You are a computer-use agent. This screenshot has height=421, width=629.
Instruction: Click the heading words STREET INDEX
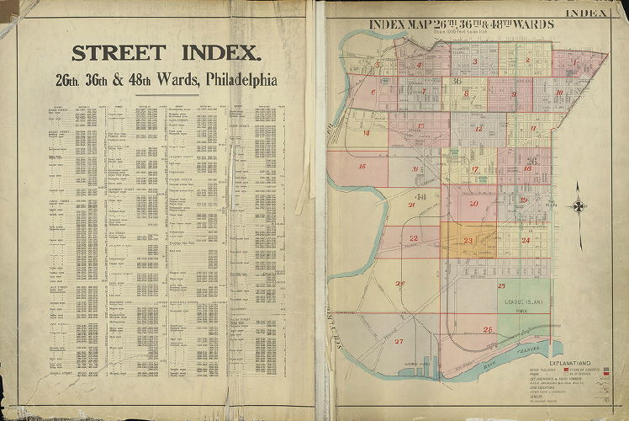click(166, 53)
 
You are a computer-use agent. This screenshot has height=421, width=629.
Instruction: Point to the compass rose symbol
click(579, 205)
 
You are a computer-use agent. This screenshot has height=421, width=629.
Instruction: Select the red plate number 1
click(576, 61)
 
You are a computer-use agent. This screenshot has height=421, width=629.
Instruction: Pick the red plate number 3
click(475, 61)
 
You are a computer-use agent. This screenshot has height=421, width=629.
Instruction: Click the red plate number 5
click(378, 63)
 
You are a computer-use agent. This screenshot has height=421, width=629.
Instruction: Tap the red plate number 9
click(513, 94)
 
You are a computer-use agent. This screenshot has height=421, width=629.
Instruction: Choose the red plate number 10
click(558, 93)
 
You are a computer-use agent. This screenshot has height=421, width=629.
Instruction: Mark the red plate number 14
click(366, 133)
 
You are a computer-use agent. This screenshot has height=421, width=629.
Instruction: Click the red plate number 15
click(362, 167)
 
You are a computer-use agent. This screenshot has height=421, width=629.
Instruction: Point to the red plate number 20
click(473, 204)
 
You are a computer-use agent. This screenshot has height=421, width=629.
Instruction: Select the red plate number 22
click(414, 238)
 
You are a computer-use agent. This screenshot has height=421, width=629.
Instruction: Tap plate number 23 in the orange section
click(468, 241)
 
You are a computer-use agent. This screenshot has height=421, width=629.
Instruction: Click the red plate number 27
click(399, 341)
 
